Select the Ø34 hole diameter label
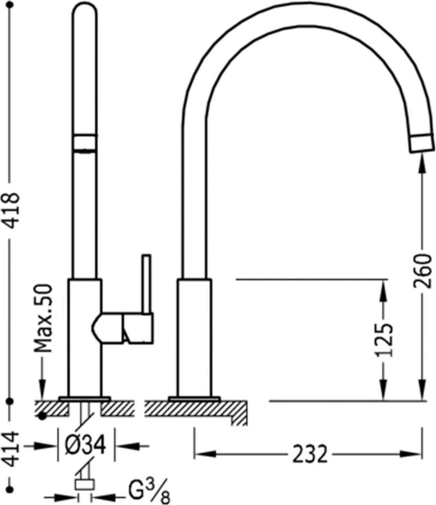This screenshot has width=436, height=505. coord(86,446)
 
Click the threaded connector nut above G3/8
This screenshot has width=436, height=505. coord(85,485)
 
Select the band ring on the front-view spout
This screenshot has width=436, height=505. coord(85,141)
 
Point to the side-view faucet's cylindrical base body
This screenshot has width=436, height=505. coord(195,337)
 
